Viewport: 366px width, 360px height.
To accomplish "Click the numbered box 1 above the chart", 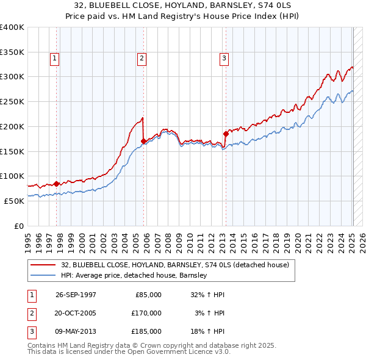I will [55, 59].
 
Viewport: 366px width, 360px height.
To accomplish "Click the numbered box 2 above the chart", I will [142, 59].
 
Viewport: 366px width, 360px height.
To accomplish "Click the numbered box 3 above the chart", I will [224, 59].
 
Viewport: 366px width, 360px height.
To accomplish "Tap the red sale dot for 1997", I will [57, 183].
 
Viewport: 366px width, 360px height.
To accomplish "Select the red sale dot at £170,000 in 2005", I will [143, 141].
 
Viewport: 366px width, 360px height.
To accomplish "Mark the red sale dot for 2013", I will [225, 133].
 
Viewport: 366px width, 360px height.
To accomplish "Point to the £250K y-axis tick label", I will [12, 101].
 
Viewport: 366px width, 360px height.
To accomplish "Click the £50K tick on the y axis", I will [14, 201].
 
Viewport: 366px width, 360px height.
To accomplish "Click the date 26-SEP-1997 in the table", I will [76, 295].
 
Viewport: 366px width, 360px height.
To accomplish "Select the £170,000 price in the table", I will [146, 313].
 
